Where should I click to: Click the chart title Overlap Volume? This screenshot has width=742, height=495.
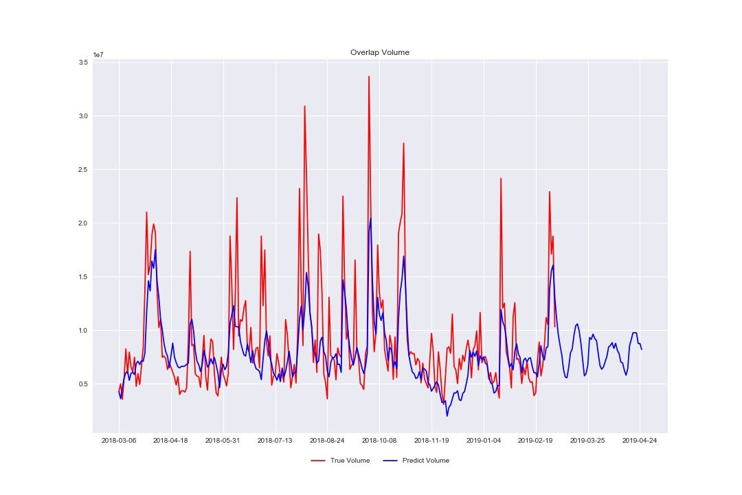(x=380, y=52)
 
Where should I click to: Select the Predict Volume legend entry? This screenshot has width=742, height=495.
(x=425, y=461)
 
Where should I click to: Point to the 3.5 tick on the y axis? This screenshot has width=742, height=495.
(x=83, y=63)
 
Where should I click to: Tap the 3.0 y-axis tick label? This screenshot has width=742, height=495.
(x=83, y=116)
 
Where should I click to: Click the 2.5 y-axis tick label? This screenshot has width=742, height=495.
(x=83, y=170)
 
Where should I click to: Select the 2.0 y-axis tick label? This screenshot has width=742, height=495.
(x=83, y=223)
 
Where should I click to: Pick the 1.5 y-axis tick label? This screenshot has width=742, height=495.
(x=83, y=277)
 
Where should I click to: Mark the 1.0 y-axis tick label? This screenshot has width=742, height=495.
(x=83, y=331)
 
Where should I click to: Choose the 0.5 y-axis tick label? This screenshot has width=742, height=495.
(x=83, y=384)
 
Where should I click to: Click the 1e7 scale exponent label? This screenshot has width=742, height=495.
(x=99, y=54)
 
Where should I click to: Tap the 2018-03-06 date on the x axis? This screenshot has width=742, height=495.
(x=119, y=440)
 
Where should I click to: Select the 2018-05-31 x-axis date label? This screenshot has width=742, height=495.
(x=223, y=440)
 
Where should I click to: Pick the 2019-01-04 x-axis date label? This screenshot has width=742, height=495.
(x=484, y=440)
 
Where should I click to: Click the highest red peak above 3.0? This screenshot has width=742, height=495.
(x=369, y=76)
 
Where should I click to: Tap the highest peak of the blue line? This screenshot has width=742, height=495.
(x=371, y=219)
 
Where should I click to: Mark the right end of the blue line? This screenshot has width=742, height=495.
(x=642, y=349)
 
